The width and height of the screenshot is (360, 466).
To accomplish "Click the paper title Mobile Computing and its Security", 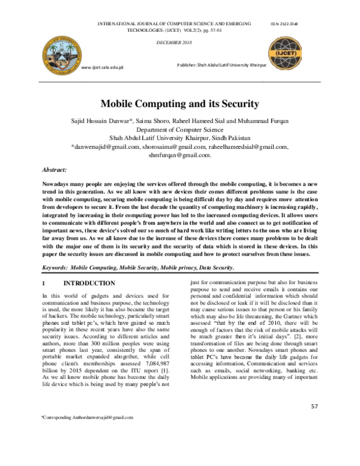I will coord(179,103).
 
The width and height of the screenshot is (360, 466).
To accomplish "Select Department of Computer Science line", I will coord(179,129).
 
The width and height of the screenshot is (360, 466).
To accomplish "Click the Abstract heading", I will coord(54,171).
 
